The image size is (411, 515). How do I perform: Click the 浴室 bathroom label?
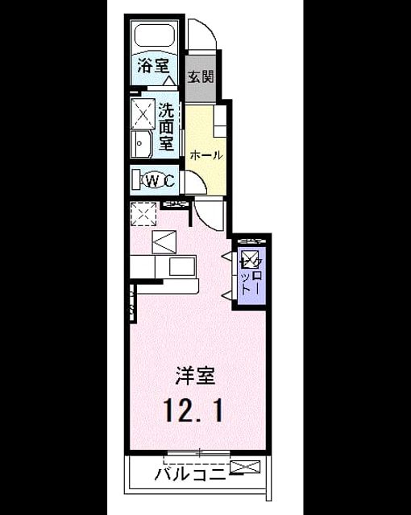click(153, 65)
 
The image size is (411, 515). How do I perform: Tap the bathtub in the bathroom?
click(155, 34)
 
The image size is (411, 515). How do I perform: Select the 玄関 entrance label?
click(201, 76)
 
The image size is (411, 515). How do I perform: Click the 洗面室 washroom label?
click(166, 127)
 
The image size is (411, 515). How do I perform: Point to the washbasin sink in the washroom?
click(141, 143)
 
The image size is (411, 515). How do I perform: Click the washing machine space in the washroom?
click(143, 113)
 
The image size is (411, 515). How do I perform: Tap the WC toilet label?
click(160, 180)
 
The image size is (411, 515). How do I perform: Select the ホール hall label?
click(206, 154)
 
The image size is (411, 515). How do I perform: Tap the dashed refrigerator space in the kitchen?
click(143, 214)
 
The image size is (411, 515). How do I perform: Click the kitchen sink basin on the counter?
click(182, 266)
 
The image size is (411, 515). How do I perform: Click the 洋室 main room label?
click(195, 376)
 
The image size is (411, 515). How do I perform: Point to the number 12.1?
click(194, 410)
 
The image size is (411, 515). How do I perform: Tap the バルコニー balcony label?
click(192, 474)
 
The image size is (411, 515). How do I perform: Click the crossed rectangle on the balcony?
click(245, 467)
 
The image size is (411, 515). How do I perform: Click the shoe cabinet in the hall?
click(220, 122)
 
